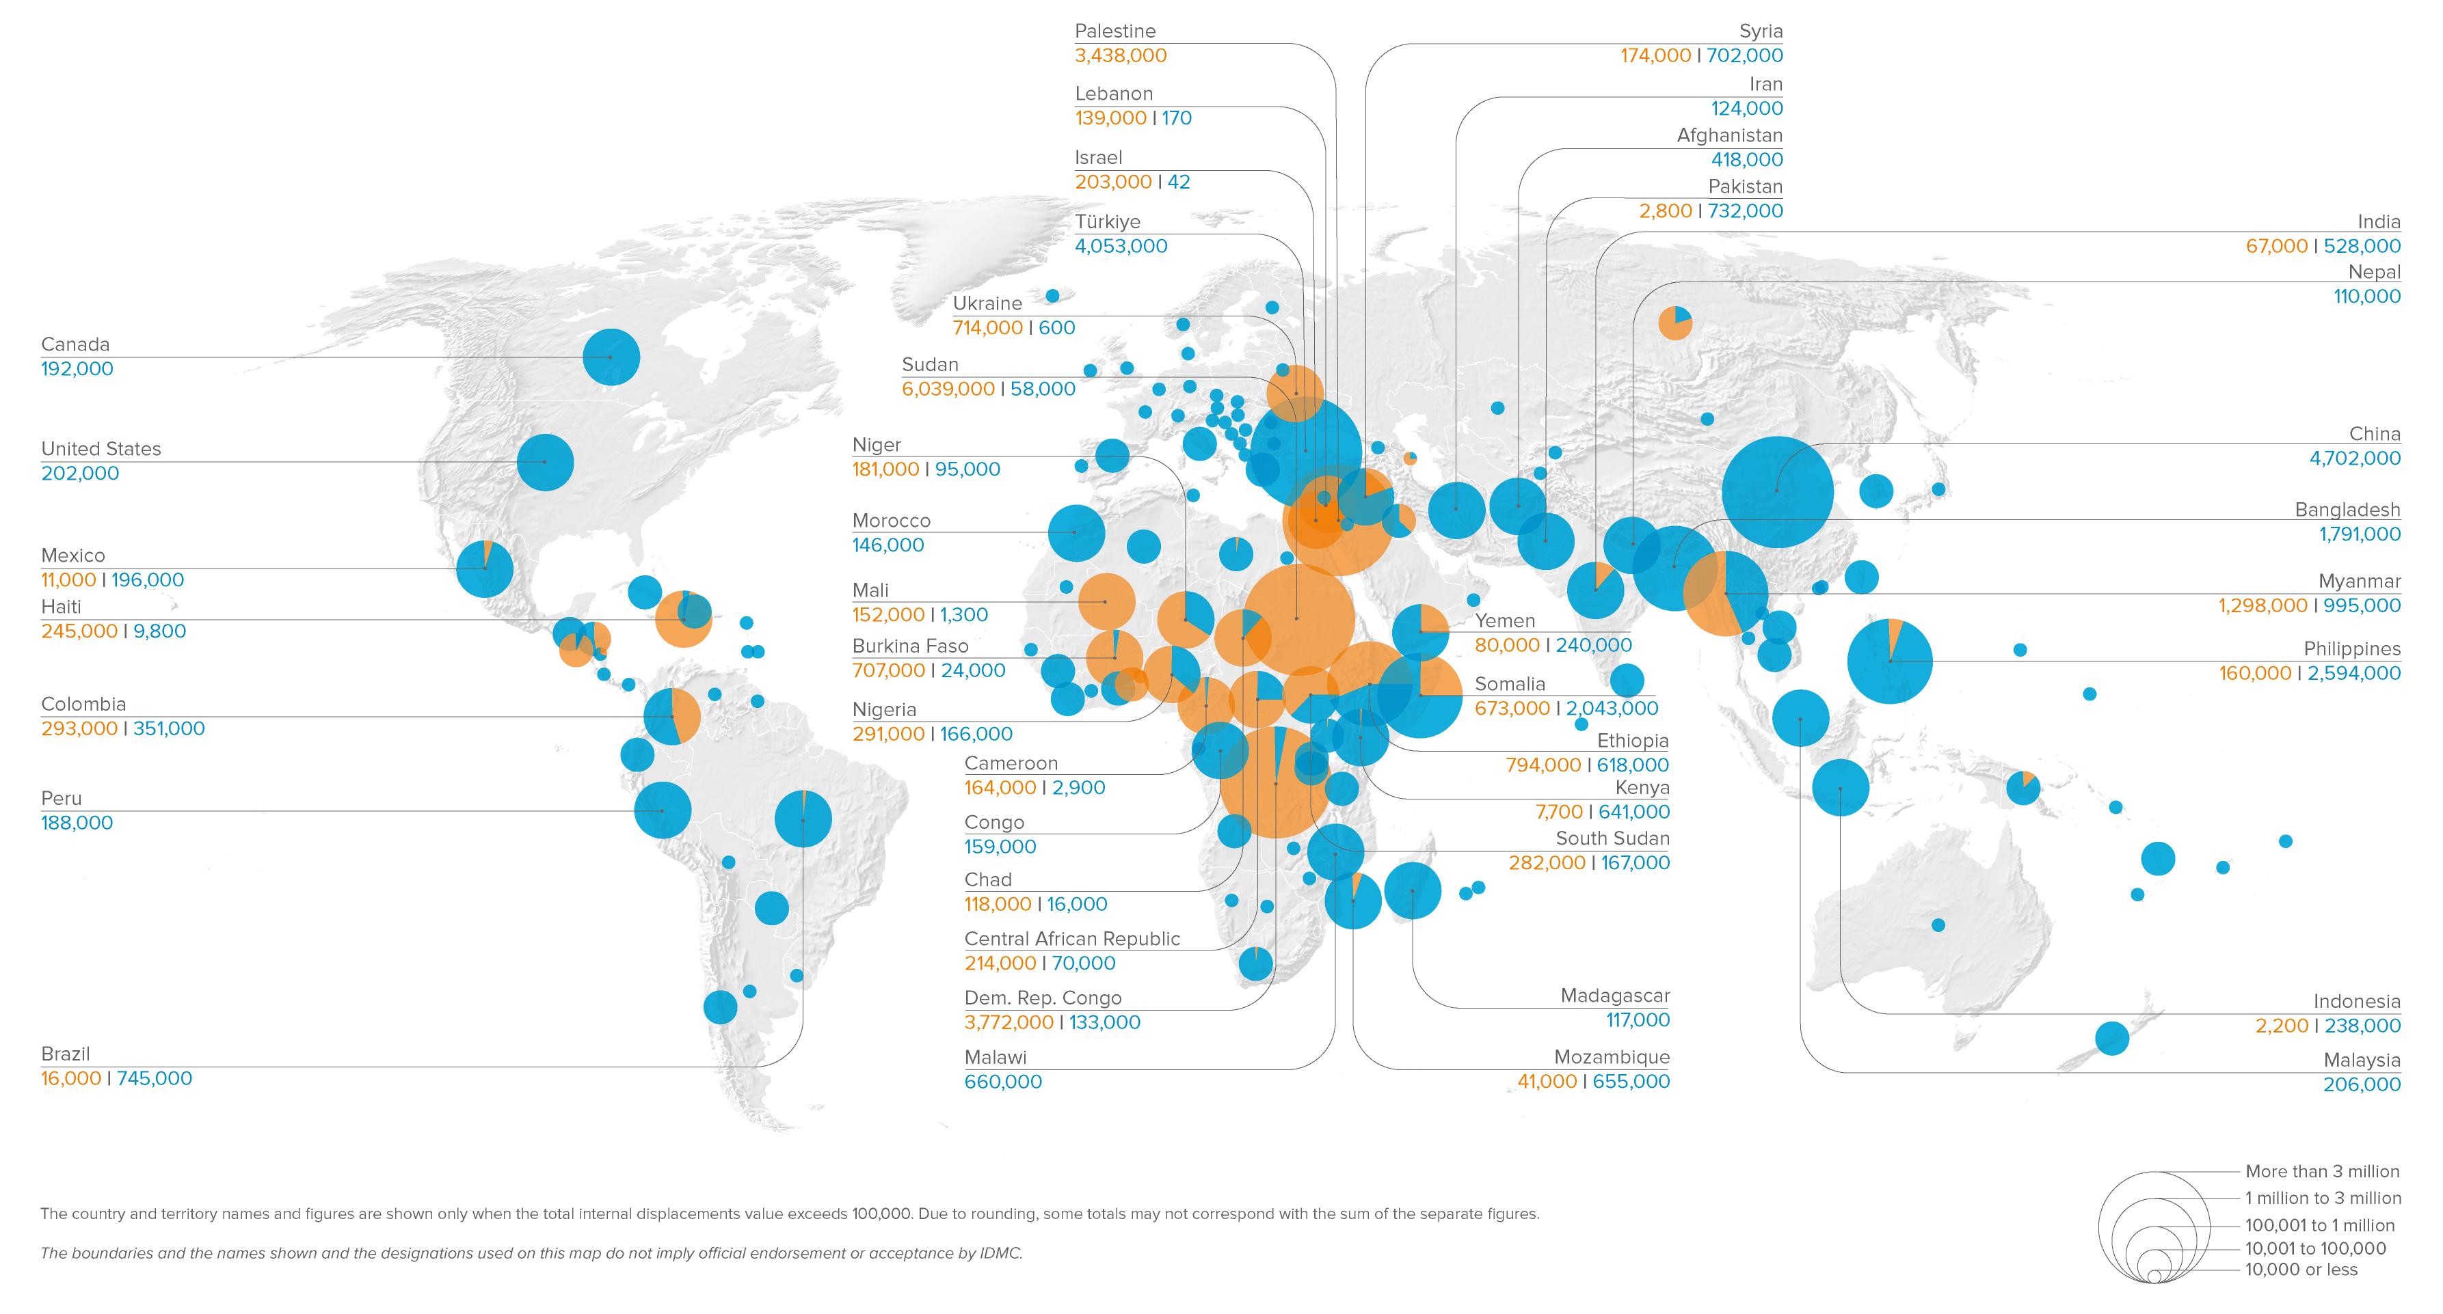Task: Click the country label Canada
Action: point(75,344)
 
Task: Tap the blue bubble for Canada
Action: point(611,357)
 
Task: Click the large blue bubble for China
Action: point(1776,491)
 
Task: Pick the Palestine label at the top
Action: point(1114,31)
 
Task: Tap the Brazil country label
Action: point(66,1053)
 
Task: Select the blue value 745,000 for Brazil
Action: point(154,1078)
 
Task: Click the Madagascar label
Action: point(1614,996)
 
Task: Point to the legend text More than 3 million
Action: point(2321,1171)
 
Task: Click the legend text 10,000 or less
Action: point(2300,1270)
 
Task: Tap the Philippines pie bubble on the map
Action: point(1889,661)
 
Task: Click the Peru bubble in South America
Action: point(662,810)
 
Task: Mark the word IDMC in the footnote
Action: point(1000,1253)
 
